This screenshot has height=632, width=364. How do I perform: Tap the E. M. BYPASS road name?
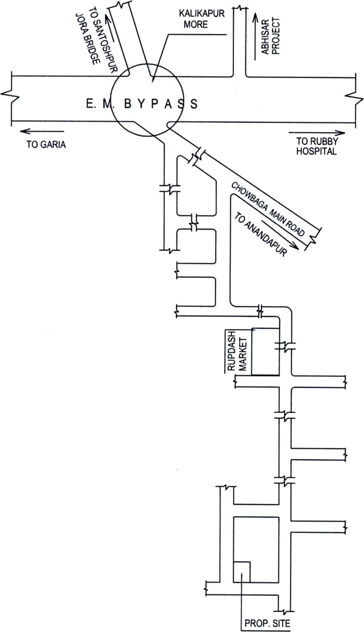(x=142, y=104)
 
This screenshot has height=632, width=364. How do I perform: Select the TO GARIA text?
(x=46, y=144)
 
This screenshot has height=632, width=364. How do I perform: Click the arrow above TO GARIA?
(x=42, y=131)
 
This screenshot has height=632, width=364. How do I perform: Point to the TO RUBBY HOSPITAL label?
(x=317, y=146)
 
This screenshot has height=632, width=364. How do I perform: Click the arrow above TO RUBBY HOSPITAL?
(x=317, y=133)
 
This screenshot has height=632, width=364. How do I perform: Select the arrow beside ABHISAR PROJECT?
(x=255, y=37)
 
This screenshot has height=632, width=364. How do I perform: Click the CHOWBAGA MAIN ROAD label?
(x=268, y=209)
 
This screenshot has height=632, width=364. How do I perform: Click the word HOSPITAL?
(x=316, y=151)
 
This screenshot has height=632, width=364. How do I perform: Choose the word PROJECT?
(x=276, y=36)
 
